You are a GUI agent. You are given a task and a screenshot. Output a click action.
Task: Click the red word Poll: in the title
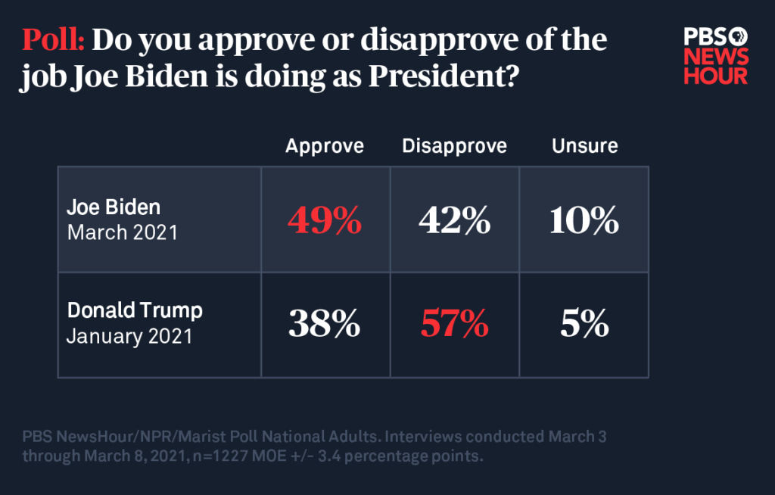coord(53,40)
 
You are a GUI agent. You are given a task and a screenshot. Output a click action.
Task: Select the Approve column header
coord(325,145)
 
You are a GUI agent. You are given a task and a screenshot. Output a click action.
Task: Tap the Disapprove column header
coord(454,145)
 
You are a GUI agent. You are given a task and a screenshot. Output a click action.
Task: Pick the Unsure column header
coord(584,145)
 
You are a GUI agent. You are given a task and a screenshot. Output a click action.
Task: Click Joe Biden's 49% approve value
coord(325,221)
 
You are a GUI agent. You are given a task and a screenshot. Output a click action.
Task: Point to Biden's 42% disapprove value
coord(454,221)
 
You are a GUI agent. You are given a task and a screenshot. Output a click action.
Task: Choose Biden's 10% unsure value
coord(584,221)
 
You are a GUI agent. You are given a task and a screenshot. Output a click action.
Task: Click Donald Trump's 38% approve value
coord(325,325)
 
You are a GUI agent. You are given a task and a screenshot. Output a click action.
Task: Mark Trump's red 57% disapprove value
coord(454,325)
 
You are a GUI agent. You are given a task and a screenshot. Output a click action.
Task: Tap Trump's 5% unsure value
coord(584,325)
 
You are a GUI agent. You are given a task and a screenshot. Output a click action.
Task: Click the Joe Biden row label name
coord(114,207)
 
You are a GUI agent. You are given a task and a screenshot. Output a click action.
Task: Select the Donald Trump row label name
coord(135,311)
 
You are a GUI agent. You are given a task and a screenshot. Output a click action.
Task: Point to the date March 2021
coord(123,232)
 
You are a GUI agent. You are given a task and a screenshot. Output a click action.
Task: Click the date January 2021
coord(129,335)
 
